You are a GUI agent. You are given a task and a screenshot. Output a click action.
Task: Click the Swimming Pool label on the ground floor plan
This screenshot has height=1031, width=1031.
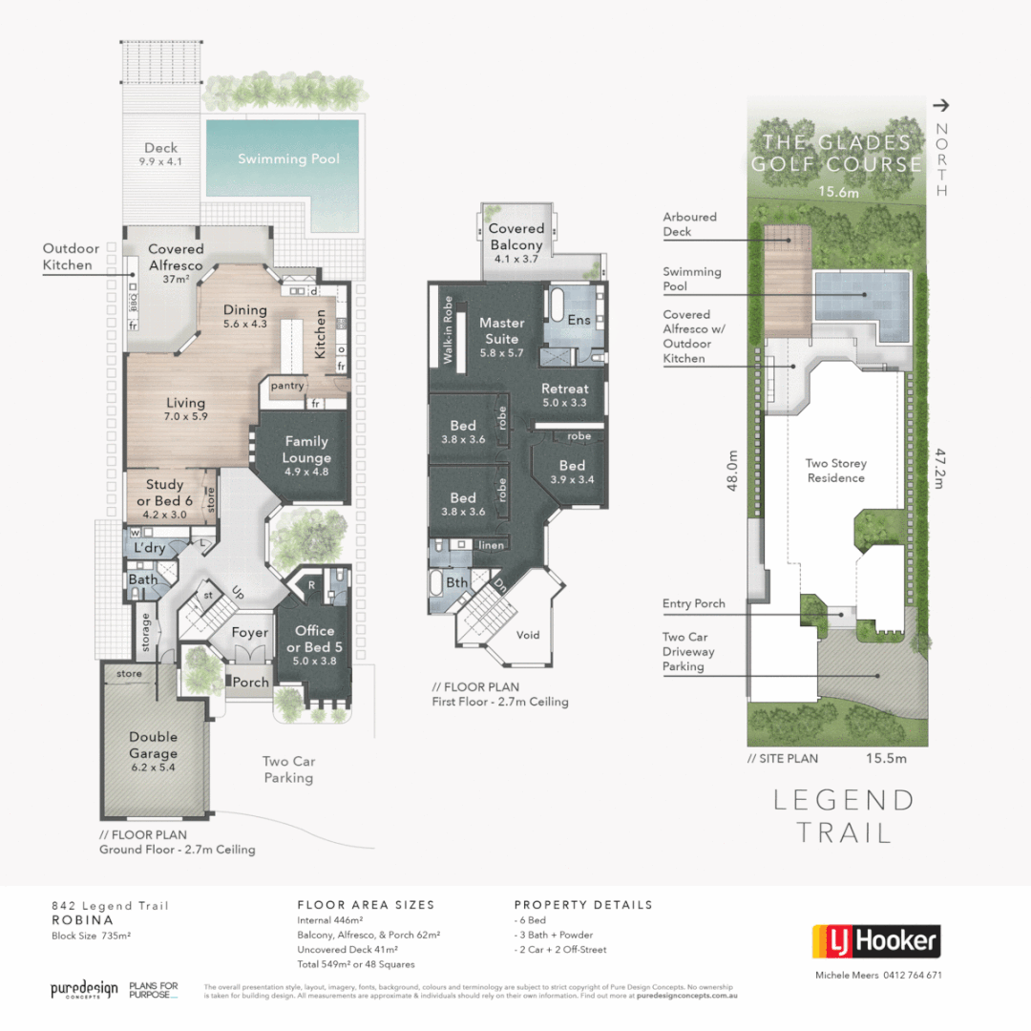tap(288, 159)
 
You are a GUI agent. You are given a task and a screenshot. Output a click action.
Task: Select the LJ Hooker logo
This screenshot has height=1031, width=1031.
tap(875, 941)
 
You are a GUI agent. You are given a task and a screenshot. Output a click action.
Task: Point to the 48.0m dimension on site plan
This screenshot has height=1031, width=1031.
tap(732, 471)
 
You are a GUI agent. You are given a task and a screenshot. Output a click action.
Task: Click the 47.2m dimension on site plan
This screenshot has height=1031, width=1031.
tap(940, 470)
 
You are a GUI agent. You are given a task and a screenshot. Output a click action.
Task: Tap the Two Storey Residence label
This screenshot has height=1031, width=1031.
tap(836, 471)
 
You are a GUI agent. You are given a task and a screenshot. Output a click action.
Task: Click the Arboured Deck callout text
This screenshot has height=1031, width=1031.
tap(689, 224)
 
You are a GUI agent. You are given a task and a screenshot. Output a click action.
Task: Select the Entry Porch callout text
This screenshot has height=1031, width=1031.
tap(693, 603)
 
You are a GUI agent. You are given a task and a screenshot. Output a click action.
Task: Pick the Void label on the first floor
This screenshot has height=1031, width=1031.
tap(528, 635)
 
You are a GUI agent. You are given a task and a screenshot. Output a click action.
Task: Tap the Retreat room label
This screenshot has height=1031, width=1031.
tap(564, 389)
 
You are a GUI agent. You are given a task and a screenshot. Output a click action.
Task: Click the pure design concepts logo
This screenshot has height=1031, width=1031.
tap(84, 990)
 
